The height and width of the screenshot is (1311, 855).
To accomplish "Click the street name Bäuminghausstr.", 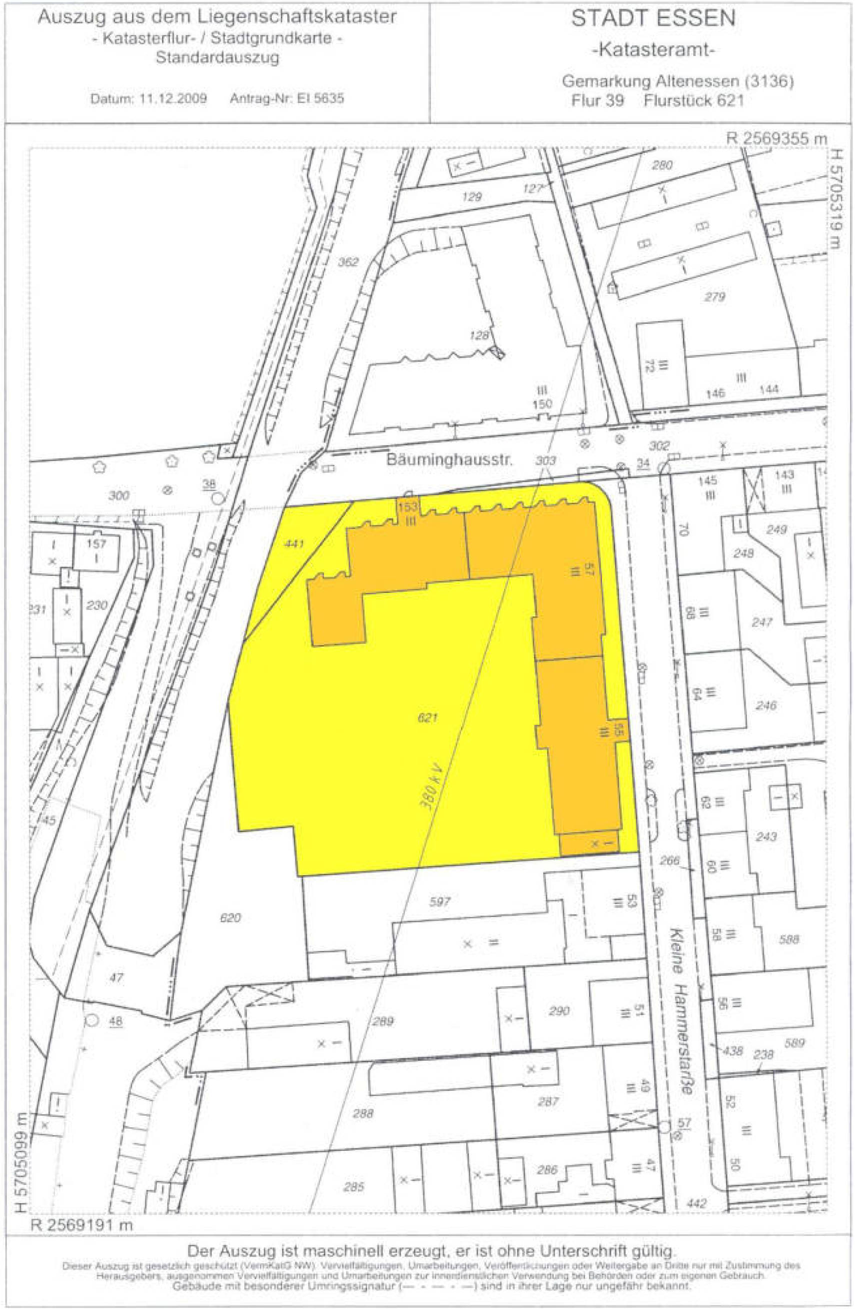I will tap(448, 460).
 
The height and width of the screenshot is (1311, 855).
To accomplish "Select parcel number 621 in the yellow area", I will tap(428, 717).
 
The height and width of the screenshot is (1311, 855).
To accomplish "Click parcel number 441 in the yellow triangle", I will tap(293, 544).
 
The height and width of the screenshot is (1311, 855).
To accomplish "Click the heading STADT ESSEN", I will tap(653, 19).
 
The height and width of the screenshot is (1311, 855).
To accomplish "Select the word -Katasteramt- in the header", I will tap(653, 50).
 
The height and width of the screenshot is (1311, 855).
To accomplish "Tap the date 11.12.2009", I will tap(173, 99).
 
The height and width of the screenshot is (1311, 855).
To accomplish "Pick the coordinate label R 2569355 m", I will tap(776, 139).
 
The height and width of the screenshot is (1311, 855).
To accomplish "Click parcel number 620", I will tap(230, 918).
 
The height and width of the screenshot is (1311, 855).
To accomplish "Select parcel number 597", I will tap(439, 902).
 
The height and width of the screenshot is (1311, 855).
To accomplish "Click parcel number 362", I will tap(348, 262).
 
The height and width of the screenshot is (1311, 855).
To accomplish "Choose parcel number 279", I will tap(714, 297).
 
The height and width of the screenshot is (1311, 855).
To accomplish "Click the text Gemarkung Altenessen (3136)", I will tap(677, 82).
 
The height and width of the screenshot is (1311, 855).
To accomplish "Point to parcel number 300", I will tap(118, 495).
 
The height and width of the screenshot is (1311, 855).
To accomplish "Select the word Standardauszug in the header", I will tap(217, 57).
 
